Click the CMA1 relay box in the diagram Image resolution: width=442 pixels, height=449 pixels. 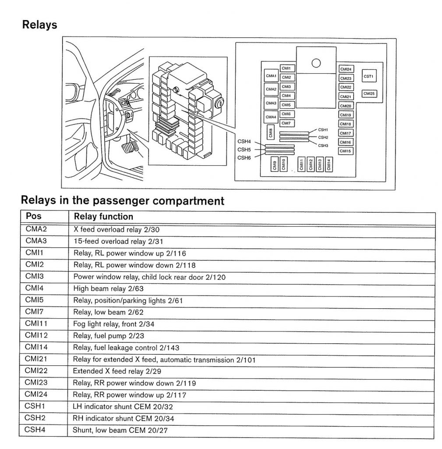pos(271,76)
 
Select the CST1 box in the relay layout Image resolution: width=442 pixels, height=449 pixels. pos(368,76)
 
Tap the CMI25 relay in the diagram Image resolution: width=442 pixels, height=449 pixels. pos(369,94)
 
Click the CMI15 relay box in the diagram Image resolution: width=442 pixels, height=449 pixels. pos(346,151)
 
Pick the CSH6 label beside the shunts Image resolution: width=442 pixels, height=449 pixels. pos(244,157)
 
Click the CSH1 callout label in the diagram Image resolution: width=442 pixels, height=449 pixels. pos(323,130)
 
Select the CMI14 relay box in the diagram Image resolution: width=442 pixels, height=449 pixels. pos(329,165)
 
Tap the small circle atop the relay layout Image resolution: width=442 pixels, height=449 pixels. pos(316,63)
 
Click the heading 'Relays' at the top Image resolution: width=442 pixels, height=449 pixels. pos(40,25)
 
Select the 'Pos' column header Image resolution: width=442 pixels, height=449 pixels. pos(34,216)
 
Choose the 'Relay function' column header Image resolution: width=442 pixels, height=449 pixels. pos(103,217)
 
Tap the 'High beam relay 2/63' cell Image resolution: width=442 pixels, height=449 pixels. pos(108,289)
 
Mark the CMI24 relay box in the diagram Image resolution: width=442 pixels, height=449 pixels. pos(346,69)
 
